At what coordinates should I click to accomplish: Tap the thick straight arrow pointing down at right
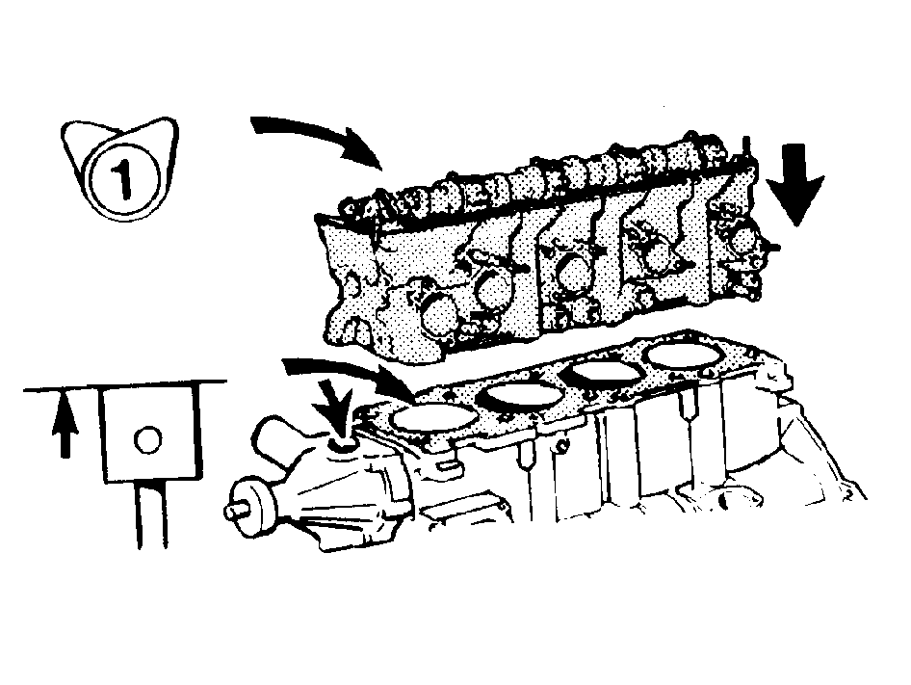pos(794,185)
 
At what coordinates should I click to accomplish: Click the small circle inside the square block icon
pos(147,439)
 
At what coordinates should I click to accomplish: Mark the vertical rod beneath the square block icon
pos(152,514)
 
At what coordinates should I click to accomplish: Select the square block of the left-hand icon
pos(151,434)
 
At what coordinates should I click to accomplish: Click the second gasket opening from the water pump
pos(521,396)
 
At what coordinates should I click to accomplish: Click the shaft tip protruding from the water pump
pos(230,512)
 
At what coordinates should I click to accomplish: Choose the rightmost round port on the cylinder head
pos(744,240)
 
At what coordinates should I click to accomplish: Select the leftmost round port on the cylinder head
pos(441,315)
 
